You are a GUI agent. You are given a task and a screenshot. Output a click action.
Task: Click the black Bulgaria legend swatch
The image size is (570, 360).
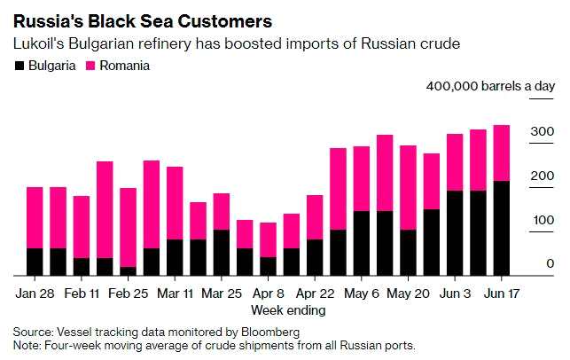pos(19,66)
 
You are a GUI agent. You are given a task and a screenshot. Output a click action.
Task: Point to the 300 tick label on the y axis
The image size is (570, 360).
pos(543,132)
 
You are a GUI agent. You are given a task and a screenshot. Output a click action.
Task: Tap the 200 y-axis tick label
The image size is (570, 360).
pos(543,176)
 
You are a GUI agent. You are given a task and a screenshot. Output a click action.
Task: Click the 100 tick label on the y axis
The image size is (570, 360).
pos(543,220)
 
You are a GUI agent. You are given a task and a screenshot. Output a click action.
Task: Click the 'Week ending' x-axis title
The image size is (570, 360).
pos(288,310)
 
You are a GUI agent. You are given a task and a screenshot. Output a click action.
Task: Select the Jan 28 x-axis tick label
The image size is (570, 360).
pos(35,293)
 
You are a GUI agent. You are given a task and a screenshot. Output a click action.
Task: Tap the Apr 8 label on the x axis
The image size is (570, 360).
pos(268,293)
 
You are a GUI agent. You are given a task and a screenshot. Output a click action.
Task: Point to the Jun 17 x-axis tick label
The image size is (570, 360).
pos(501,293)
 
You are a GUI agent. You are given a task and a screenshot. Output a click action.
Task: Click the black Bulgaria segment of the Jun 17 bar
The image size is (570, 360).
pos(501,228)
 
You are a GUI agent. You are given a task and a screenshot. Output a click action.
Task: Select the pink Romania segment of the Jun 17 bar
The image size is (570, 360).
pos(501,153)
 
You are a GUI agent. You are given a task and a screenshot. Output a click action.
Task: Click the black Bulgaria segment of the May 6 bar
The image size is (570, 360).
pos(361,243)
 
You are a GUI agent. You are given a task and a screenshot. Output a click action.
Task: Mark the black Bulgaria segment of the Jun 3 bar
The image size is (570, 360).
pos(455,232)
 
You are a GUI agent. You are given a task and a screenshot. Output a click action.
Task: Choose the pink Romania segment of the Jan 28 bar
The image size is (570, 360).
pos(35,217)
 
